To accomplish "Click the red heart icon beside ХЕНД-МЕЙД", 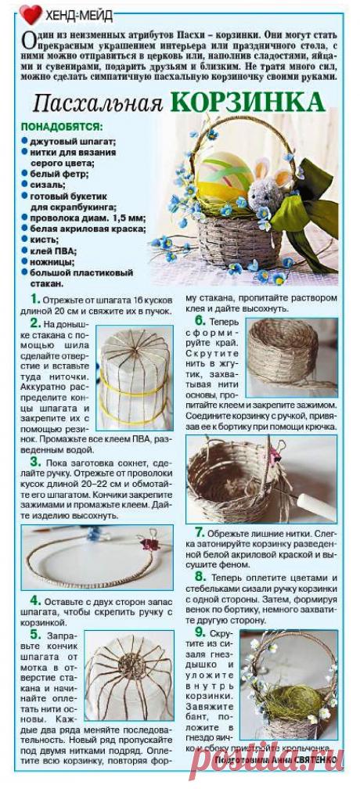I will [31, 13].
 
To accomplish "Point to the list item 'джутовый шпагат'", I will [73, 141].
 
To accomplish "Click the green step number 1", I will [34, 299].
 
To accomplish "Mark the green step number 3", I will [35, 463].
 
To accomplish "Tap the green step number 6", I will [200, 321].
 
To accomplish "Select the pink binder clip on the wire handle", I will [146, 542].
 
